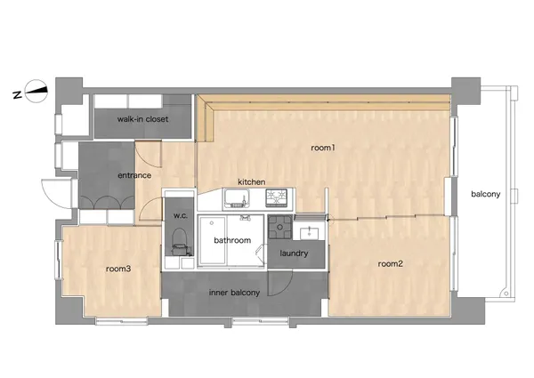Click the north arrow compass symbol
pos(36,91)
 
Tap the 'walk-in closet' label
pos(142,119)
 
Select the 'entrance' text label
pos(134,175)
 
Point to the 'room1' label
pos(323,148)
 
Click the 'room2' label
pos(391,263)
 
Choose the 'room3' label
pos(118,269)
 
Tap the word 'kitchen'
pos(251,182)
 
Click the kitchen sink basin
pos(236,199)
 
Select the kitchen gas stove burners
pos(277,198)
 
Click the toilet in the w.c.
pos(179,241)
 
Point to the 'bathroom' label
pos(232,240)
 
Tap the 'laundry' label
pos(294,253)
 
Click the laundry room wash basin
pos(309,233)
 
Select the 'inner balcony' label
pos(234,293)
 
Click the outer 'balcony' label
pos(486,194)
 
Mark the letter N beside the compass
pos(18,94)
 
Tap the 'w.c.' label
pos(180,216)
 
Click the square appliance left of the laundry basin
pos(280,227)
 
